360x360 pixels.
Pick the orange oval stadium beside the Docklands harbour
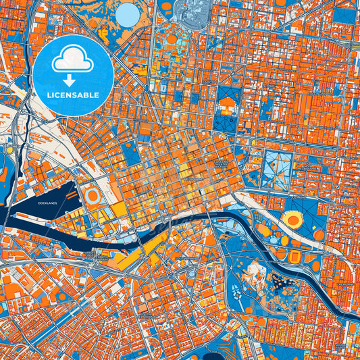tap(94, 196)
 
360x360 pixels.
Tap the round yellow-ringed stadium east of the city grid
tap(293, 219)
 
